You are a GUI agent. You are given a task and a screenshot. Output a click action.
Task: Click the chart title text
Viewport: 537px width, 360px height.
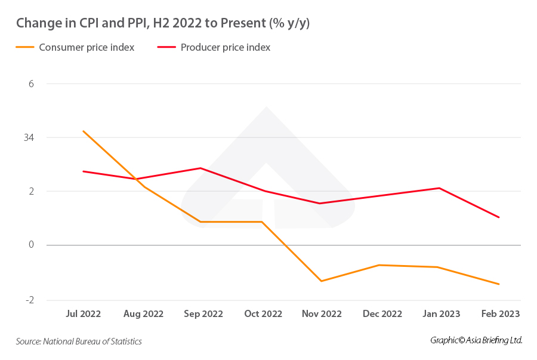[x=162, y=23]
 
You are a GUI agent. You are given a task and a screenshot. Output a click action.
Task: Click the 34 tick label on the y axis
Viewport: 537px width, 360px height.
[x=29, y=137]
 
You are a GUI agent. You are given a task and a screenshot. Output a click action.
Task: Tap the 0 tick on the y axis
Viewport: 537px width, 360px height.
[x=32, y=245]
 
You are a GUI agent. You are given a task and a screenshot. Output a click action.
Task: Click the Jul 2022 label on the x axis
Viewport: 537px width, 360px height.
[x=83, y=314]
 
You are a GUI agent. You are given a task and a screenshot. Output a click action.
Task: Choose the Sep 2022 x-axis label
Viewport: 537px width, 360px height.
[x=203, y=314]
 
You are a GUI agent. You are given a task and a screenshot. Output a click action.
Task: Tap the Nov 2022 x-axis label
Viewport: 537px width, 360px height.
[x=322, y=314]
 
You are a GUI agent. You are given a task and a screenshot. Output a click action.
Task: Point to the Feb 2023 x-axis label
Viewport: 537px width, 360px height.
[x=500, y=314]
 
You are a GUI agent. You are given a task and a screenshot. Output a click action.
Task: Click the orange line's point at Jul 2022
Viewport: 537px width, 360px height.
[x=83, y=131]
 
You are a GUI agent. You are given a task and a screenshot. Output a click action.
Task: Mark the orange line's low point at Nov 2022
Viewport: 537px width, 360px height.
[x=322, y=281]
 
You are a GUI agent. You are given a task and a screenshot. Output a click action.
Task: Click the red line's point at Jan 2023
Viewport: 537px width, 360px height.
[x=440, y=188]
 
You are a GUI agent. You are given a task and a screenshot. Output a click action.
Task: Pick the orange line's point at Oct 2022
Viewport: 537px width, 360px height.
[x=263, y=222]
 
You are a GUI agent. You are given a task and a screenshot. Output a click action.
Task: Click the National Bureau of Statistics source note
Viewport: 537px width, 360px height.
[x=79, y=341]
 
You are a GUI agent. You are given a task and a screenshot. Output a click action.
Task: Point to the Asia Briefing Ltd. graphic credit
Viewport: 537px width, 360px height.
[x=476, y=340]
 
